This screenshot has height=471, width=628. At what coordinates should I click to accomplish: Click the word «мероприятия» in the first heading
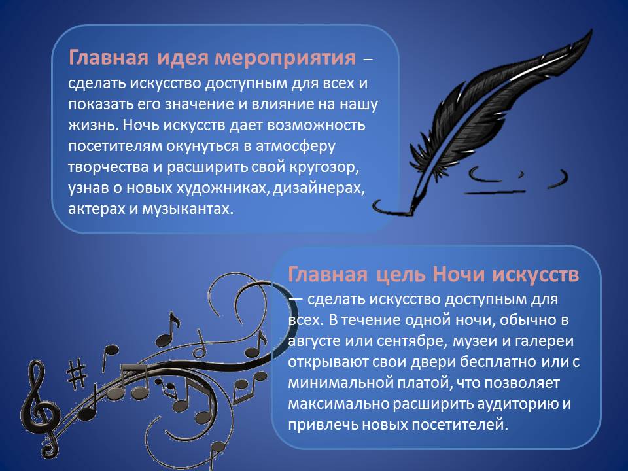click(x=285, y=58)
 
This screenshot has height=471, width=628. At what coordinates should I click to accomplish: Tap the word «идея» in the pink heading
click(x=183, y=58)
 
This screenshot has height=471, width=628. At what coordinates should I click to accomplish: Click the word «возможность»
click(x=316, y=125)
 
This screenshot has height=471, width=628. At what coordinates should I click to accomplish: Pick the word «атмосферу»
click(x=296, y=147)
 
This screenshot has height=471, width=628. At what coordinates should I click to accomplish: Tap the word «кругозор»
click(x=323, y=167)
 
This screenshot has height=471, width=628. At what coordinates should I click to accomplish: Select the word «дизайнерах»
click(x=319, y=188)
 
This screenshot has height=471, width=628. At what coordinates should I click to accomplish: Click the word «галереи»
click(x=544, y=341)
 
